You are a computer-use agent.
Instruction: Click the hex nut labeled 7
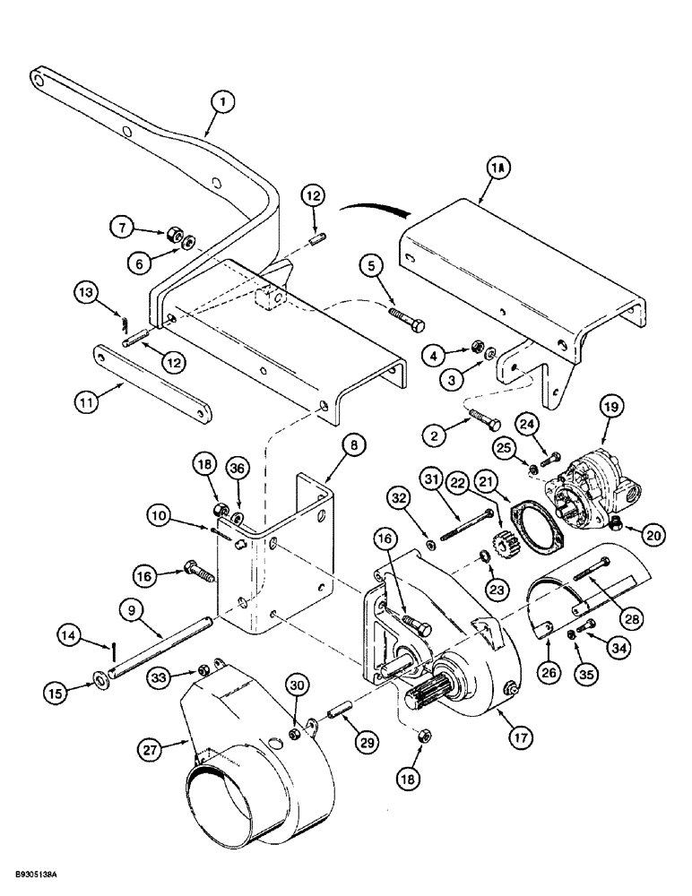pos(169,235)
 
